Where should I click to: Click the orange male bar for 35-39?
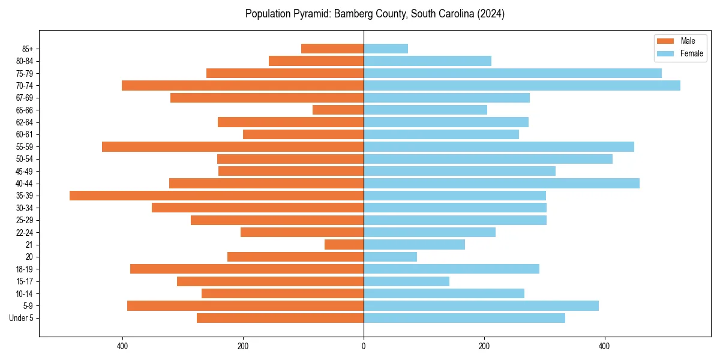coord(216,196)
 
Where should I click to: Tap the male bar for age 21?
coord(344,244)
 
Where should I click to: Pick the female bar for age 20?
coord(390,257)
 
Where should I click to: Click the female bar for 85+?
coord(386,49)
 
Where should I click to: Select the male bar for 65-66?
coord(338,110)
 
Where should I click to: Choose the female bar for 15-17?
coord(406,281)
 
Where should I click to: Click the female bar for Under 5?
coord(464,318)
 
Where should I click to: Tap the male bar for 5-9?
coord(245,306)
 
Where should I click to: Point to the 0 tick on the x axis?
coord(364,346)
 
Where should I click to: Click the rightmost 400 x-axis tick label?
coord(605,346)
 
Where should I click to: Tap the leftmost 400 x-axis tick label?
coord(122,346)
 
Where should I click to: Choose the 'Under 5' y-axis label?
coord(21,318)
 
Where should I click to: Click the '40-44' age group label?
coord(25,184)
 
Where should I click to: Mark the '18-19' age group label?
coord(25,269)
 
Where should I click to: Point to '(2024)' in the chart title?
coord(490,14)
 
